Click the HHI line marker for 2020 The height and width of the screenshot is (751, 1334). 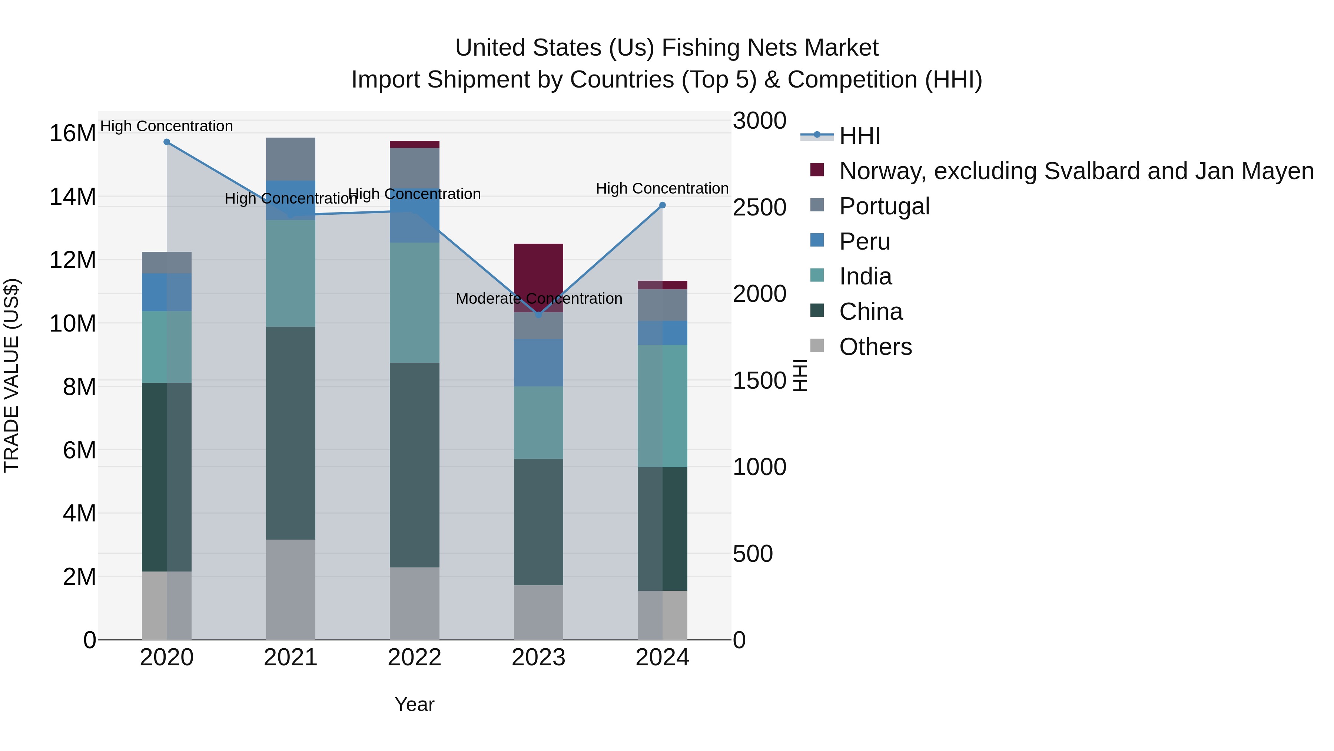click(x=167, y=142)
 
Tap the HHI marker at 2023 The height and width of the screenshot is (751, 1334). click(x=538, y=314)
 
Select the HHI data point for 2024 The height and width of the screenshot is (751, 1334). click(x=662, y=205)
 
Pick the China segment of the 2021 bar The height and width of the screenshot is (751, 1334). click(x=291, y=433)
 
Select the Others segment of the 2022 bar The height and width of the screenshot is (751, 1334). click(x=414, y=603)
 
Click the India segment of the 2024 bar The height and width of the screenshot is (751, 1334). click(x=662, y=406)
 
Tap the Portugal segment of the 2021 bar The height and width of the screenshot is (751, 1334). click(x=291, y=159)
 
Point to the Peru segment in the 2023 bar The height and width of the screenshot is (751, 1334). click(x=538, y=362)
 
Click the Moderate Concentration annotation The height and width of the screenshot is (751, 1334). click(x=538, y=299)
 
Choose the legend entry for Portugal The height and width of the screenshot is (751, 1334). click(x=884, y=206)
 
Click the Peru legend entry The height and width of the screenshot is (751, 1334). click(x=864, y=241)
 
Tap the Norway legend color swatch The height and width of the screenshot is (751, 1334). click(x=817, y=170)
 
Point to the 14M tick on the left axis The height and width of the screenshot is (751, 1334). click(x=73, y=197)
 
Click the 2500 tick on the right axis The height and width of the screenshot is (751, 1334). click(x=759, y=207)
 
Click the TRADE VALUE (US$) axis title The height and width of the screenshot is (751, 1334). click(x=11, y=375)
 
